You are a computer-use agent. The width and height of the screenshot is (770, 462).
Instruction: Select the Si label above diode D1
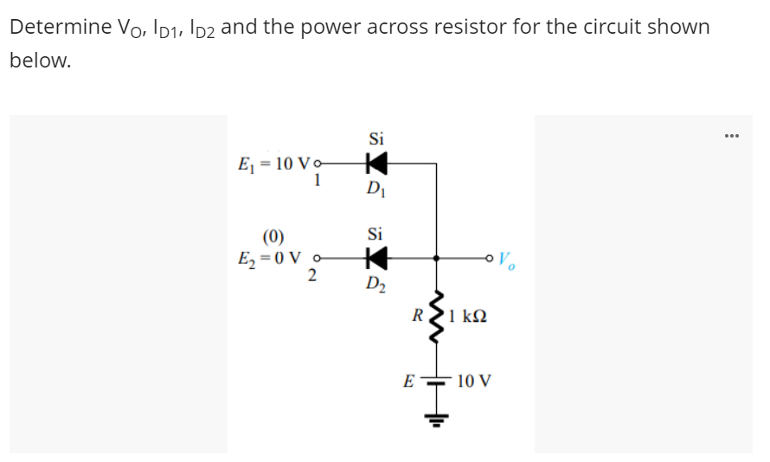376,138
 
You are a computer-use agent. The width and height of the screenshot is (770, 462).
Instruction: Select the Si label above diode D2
375,234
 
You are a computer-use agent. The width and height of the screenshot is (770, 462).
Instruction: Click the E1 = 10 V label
273,164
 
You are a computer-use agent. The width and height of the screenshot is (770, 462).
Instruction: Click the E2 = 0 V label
270,257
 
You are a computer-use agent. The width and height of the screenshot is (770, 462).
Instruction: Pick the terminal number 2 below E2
313,276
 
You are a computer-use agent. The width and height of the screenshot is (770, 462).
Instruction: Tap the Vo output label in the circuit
508,259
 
